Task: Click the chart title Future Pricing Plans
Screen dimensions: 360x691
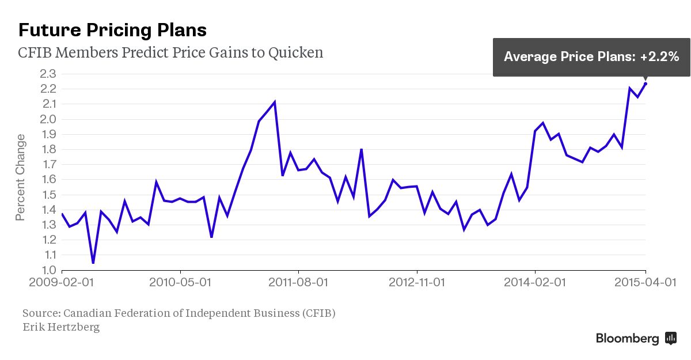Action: pyautogui.click(x=112, y=30)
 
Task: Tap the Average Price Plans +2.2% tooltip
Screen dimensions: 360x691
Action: pyautogui.click(x=591, y=56)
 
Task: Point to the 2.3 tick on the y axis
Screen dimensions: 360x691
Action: pyautogui.click(x=48, y=74)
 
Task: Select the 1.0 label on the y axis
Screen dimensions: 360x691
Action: pyautogui.click(x=48, y=270)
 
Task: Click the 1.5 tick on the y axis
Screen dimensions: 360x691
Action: pyautogui.click(x=48, y=195)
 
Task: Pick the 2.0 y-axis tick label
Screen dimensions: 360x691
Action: pyautogui.click(x=48, y=119)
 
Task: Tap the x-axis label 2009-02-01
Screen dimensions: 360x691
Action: pyautogui.click(x=62, y=283)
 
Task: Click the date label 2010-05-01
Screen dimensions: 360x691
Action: pyautogui.click(x=180, y=283)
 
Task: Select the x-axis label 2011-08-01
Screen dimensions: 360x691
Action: pyautogui.click(x=298, y=283)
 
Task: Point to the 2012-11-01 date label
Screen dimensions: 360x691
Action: pyautogui.click(x=416, y=283)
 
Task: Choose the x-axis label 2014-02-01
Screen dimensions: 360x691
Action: pyautogui.click(x=535, y=283)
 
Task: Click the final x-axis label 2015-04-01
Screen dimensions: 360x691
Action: pyautogui.click(x=645, y=283)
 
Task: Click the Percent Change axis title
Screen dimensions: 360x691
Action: pyautogui.click(x=21, y=177)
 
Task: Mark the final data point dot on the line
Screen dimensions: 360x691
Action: pyautogui.click(x=645, y=84)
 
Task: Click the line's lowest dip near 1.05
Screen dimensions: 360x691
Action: pyautogui.click(x=93, y=263)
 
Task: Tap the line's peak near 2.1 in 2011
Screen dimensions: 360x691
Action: pyautogui.click(x=275, y=103)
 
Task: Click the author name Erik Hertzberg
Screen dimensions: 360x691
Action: pyautogui.click(x=61, y=327)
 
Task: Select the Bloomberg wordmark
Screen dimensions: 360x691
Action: pyautogui.click(x=627, y=339)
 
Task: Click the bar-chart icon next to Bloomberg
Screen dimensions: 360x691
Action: pyautogui.click(x=670, y=338)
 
